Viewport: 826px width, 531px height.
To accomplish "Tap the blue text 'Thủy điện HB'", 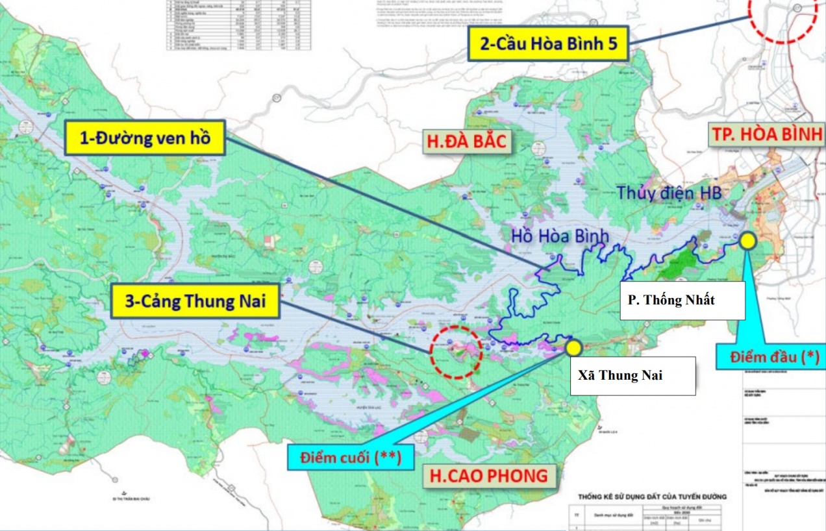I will coord(669,193).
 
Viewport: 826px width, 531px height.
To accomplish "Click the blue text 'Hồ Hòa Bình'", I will coord(560,236).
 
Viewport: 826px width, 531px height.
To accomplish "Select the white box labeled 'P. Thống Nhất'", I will coord(682,301).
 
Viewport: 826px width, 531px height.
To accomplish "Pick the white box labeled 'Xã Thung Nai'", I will coord(632,375).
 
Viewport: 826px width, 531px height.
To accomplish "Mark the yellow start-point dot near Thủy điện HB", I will coord(747,241).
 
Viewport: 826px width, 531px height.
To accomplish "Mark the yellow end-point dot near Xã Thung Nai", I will coord(573,347).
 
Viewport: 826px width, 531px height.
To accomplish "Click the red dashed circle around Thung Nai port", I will coord(456,351).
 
